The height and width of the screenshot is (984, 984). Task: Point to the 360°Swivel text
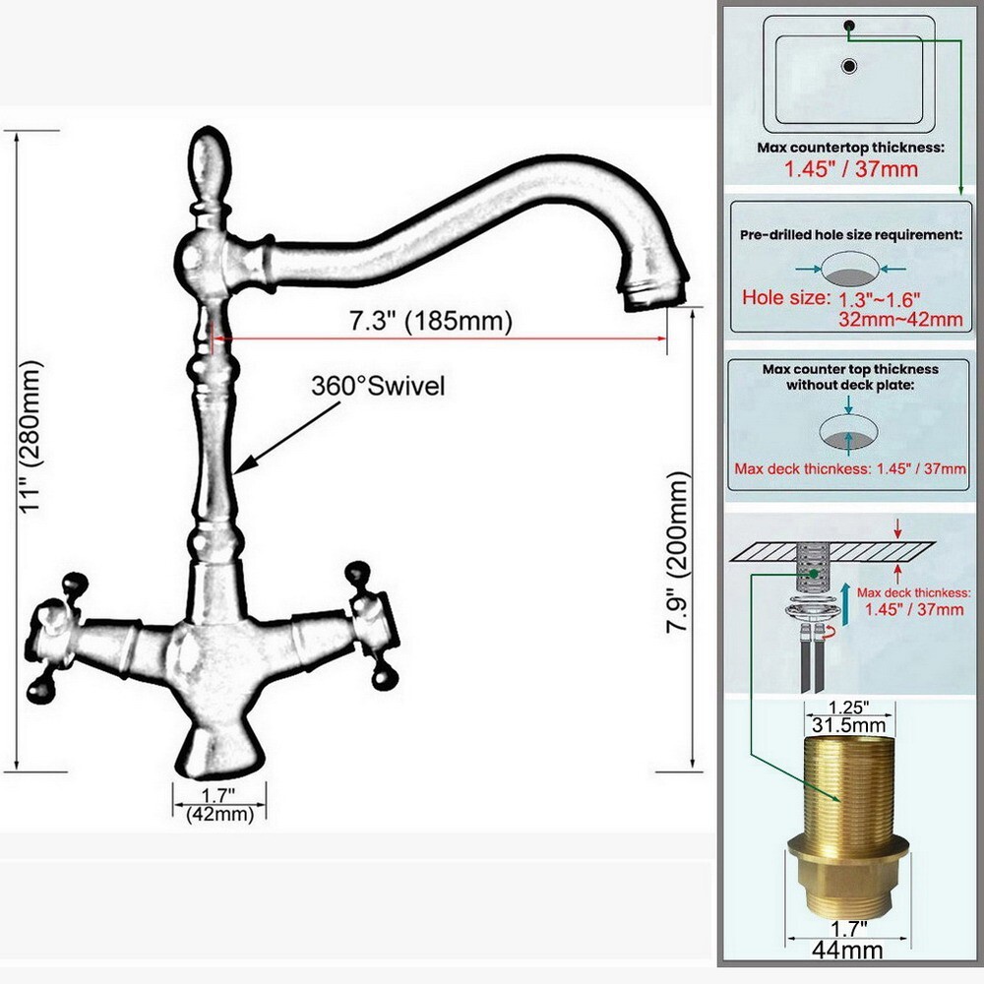tap(378, 387)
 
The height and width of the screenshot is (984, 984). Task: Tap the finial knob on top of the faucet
tap(209, 164)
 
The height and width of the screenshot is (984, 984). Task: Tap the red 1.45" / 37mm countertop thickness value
tap(850, 168)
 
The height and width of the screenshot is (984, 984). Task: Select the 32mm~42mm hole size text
tap(900, 318)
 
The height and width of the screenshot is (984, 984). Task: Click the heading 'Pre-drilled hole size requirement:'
tap(849, 235)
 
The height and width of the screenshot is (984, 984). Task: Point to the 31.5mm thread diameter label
tap(848, 726)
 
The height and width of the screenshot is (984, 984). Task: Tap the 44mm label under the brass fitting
tap(849, 950)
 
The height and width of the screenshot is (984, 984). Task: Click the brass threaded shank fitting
tap(849, 827)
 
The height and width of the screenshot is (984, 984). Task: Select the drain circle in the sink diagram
tap(849, 67)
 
